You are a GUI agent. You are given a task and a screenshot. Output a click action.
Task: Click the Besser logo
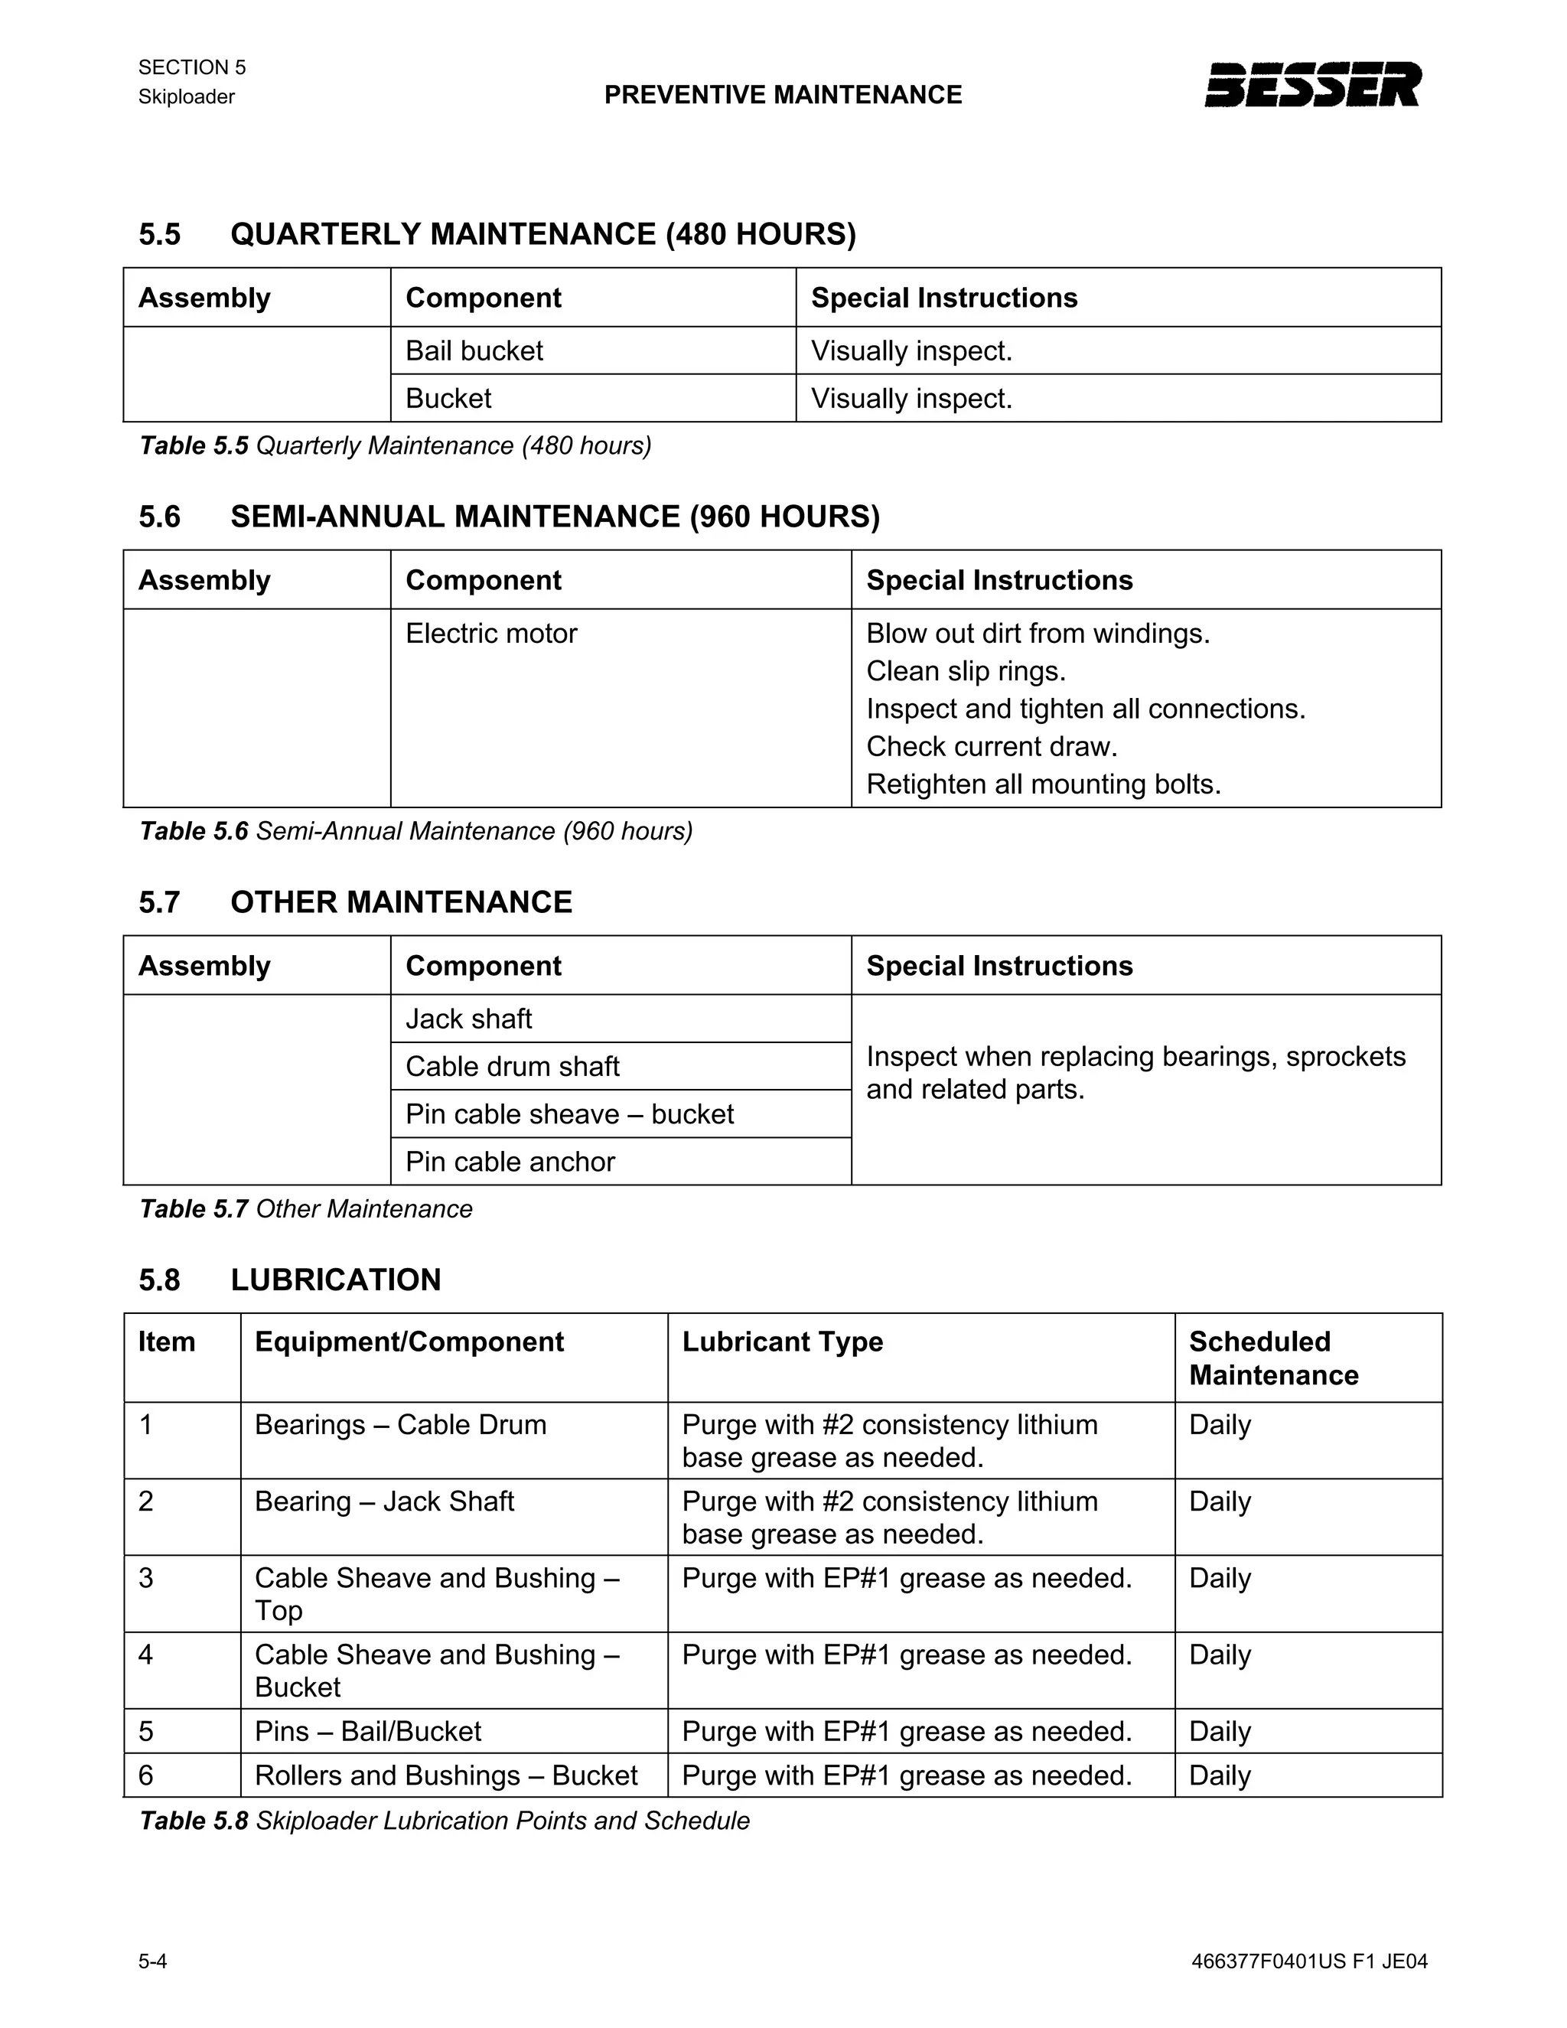[1311, 84]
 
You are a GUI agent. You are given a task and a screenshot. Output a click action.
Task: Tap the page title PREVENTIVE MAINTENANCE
[783, 95]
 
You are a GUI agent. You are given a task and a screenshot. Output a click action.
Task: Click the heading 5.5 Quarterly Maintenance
[497, 234]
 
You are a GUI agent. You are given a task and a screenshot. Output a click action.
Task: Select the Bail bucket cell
[474, 351]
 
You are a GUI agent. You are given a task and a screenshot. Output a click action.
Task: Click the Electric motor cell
[491, 634]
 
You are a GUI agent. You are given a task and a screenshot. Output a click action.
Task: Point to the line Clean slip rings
[966, 671]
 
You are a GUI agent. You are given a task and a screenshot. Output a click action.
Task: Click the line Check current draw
[992, 747]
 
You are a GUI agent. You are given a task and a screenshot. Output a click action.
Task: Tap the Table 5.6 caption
[416, 831]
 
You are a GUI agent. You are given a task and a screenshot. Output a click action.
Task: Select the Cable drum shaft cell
[513, 1066]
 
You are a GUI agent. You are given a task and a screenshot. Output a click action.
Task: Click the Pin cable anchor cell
[510, 1162]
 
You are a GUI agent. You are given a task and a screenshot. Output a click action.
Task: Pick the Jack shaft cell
[469, 1019]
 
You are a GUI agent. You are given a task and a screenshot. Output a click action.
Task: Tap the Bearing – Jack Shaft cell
[384, 1501]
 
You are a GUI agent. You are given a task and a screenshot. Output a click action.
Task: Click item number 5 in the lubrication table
[145, 1732]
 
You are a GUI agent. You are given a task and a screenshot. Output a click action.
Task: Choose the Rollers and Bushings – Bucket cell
[445, 1775]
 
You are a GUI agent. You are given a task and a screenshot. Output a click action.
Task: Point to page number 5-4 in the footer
[153, 1961]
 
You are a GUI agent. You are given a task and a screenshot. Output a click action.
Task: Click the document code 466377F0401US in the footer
[1268, 1961]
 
